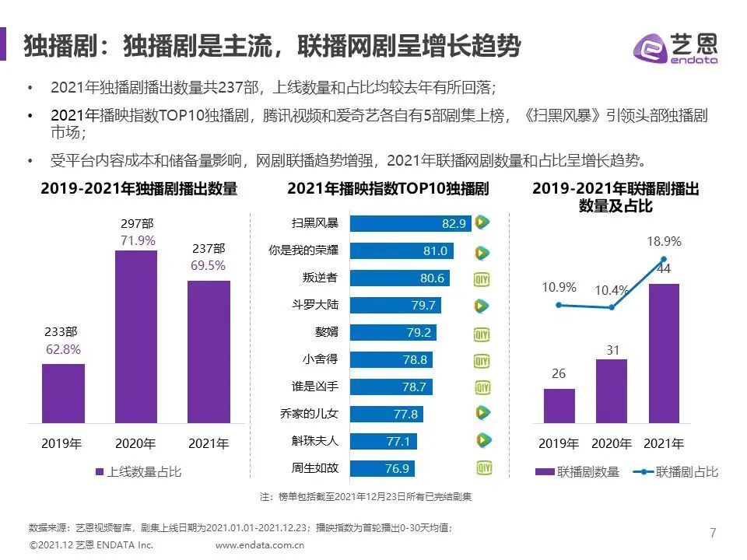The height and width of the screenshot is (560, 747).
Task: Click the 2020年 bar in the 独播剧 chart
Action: coord(136,336)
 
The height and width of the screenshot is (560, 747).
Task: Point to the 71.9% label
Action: coord(138,241)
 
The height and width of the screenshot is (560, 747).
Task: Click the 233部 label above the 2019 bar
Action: coord(62,332)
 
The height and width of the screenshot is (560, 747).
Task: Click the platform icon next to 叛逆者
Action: coord(482,278)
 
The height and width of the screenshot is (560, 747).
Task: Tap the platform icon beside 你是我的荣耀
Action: coord(482,252)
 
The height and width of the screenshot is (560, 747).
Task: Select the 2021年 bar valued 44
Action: coord(663,353)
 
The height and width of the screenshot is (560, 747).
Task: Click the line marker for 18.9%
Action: coord(664,259)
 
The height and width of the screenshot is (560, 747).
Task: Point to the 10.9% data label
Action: coord(559,288)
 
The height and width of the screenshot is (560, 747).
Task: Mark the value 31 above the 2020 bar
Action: coord(612,351)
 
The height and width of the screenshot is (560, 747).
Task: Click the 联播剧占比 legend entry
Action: coord(675,471)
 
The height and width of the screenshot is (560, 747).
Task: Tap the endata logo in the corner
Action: coord(675,48)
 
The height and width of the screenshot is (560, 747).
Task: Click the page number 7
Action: coord(712,533)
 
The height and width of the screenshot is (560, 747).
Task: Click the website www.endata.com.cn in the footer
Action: coord(259,545)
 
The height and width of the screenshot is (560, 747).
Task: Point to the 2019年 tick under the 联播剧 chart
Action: coord(559,444)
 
